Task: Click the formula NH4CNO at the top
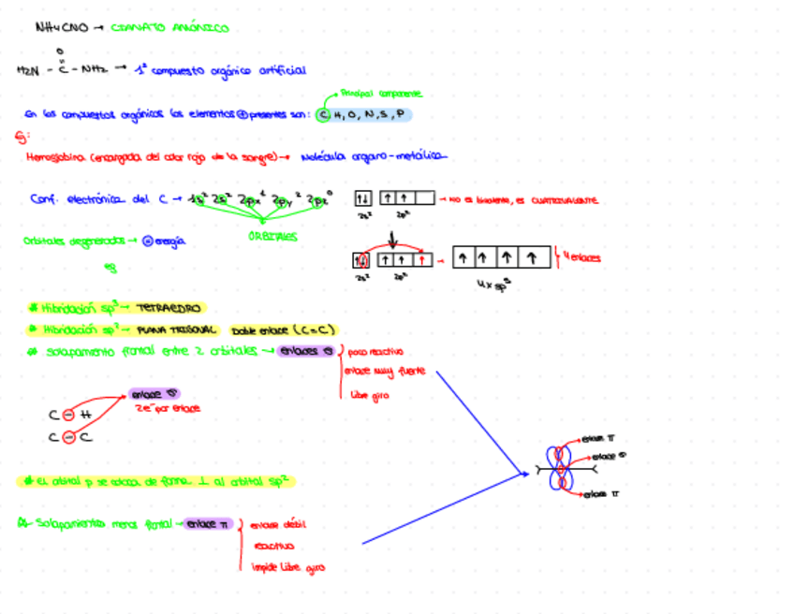coord(60,28)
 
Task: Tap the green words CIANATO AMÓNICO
coord(169,28)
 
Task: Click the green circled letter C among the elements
coord(323,115)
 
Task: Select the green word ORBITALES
coord(273,237)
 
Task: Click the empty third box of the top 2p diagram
coord(424,198)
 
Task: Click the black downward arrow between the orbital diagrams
coord(391,239)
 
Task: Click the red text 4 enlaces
coord(581,257)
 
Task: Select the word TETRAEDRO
coord(169,307)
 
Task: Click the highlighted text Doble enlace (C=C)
coord(284,329)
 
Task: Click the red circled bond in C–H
coord(68,415)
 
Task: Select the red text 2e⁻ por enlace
coord(169,408)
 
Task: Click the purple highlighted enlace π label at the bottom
coord(207,524)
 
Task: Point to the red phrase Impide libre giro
coord(287,567)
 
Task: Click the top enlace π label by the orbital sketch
coord(598,437)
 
